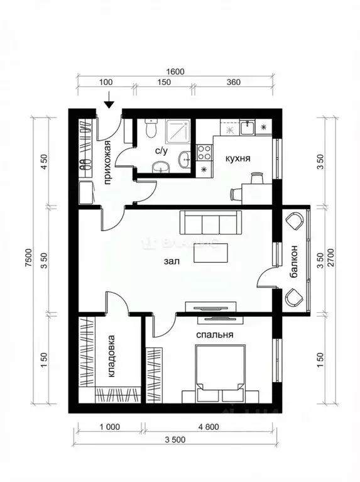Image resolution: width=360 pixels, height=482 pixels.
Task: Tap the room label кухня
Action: pos(238,158)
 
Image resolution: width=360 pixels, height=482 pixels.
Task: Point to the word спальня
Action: pos(215,335)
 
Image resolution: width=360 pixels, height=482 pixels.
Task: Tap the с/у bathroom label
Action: pos(161,151)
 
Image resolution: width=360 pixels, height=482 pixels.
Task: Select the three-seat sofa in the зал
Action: pos(210,222)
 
